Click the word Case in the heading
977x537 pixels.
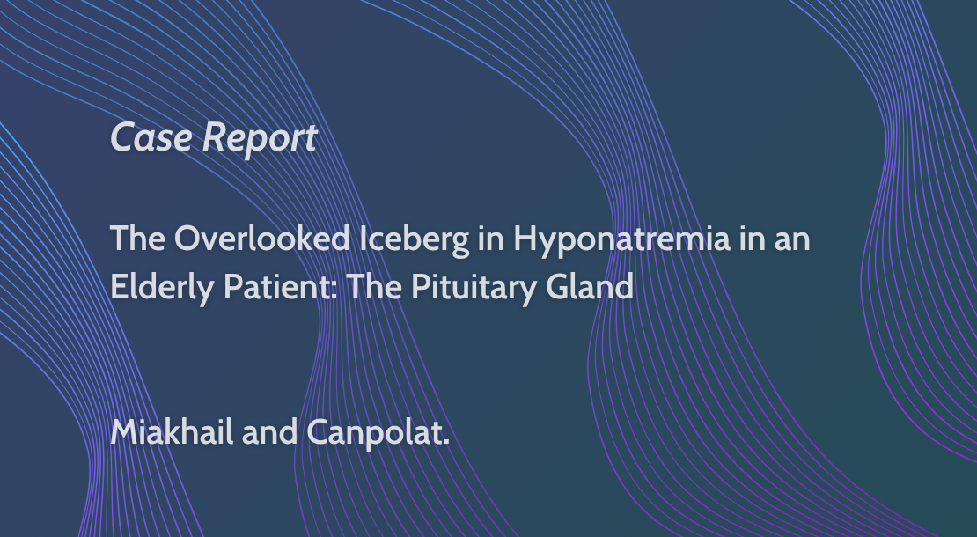(151, 137)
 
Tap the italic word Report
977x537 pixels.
(260, 138)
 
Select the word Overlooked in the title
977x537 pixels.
(261, 238)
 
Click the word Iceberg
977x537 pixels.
(415, 240)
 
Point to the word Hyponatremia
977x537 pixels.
(621, 240)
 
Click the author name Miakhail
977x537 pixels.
(172, 431)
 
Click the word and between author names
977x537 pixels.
(269, 432)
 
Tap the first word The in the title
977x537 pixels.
(137, 238)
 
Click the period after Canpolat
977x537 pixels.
(446, 442)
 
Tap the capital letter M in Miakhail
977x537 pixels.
(125, 431)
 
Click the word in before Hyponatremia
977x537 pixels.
(491, 239)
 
